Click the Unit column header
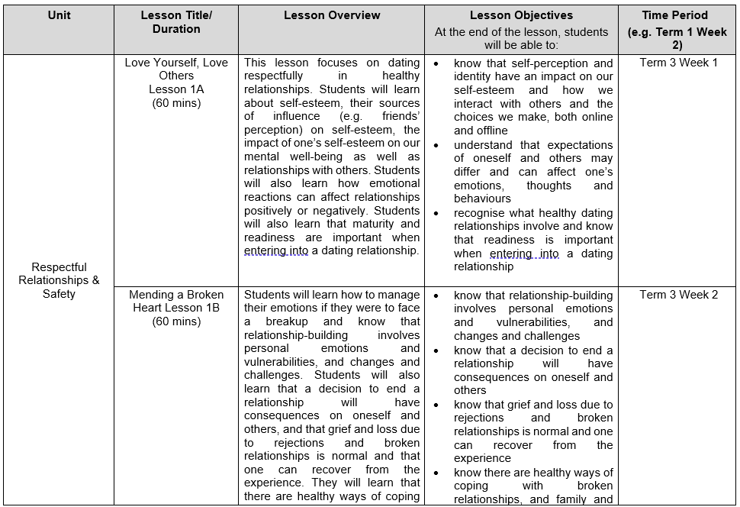59,15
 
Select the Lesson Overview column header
331,15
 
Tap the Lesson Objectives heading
521,15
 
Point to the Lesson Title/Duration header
176,22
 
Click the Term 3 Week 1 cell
678,63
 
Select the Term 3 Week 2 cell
678,295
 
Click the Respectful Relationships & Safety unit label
59,280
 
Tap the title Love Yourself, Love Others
176,69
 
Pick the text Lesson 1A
176,89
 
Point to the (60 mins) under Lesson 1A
176,103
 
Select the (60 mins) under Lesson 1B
176,321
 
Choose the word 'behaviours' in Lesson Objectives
482,199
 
